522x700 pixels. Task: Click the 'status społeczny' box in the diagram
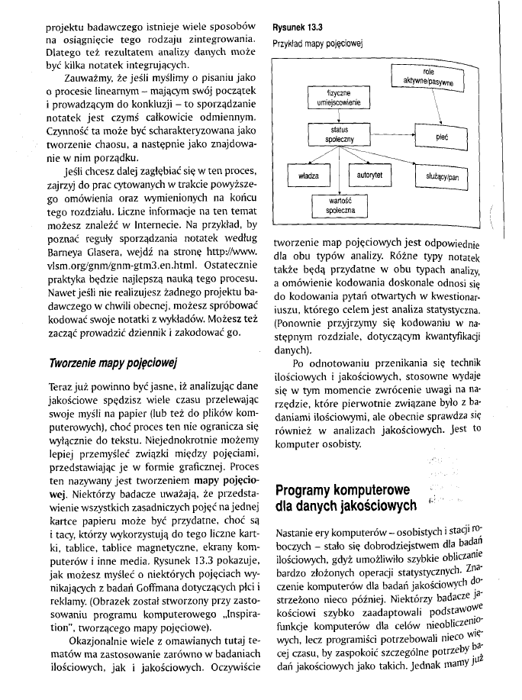pos(333,135)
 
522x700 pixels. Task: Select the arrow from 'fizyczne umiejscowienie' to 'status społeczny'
pos(333,117)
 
